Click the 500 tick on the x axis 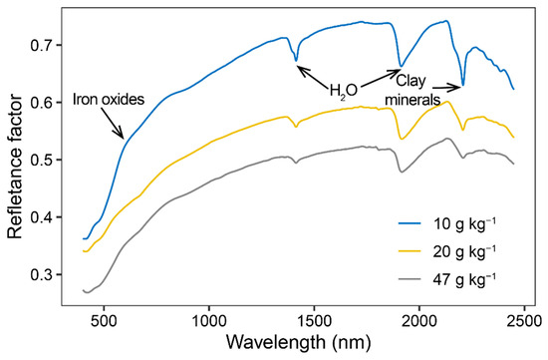point(104,322)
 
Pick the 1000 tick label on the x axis point(209,322)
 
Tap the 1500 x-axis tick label point(314,322)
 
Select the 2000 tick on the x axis point(419,322)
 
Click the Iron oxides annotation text point(109,100)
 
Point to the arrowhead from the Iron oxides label point(123,138)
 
